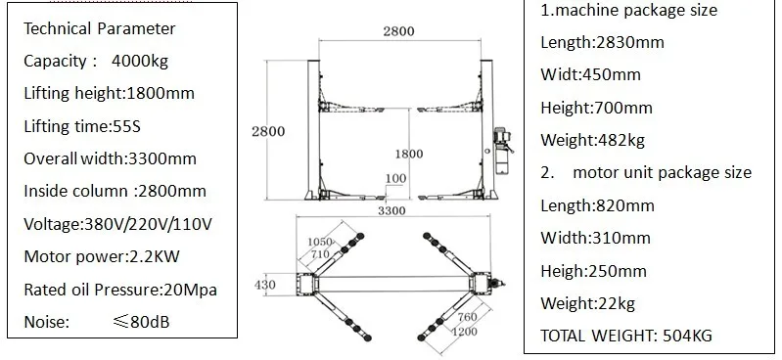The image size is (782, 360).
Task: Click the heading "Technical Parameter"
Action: [x=99, y=28]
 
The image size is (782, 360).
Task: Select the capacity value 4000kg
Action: [x=140, y=61]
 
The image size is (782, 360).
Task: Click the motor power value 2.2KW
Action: [x=154, y=256]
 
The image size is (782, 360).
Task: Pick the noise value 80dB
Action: [x=150, y=322]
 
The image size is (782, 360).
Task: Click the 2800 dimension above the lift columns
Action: [x=398, y=31]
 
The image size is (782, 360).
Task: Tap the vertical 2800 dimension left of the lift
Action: [x=268, y=131]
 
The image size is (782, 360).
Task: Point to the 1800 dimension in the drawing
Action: [x=409, y=154]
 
